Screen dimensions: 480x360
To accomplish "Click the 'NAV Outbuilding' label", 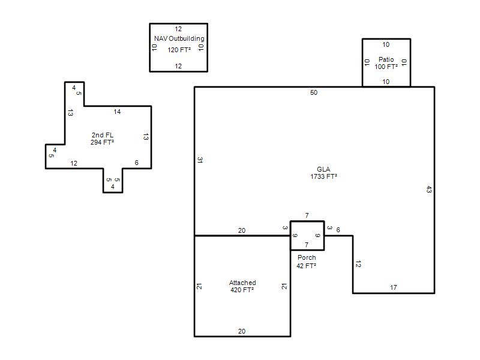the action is tap(179, 38).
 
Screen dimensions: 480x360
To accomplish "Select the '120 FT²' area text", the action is tap(179, 50).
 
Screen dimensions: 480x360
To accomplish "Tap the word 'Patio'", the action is tap(386, 59).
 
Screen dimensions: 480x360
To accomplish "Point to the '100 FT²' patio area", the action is tap(386, 67).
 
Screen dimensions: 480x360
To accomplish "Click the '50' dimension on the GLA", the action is tap(314, 92).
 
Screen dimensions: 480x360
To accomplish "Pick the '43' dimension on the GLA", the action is tap(429, 190).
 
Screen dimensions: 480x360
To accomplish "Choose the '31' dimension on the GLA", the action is tap(200, 160).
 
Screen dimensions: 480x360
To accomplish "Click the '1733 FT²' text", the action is tap(323, 176).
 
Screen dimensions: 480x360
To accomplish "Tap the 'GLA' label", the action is tap(323, 169).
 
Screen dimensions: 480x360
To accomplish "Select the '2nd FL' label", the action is tap(103, 135).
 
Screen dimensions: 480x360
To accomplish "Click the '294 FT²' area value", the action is tap(102, 142).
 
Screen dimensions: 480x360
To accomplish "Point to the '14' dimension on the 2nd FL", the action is tap(117, 112).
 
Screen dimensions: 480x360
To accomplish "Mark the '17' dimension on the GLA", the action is tap(394, 287).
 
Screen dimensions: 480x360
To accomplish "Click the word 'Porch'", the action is tap(307, 257).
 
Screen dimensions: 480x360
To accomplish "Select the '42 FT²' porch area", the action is tap(306, 266).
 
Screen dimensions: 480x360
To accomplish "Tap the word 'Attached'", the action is tap(242, 283).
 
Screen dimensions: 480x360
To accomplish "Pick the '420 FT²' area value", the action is tap(242, 290).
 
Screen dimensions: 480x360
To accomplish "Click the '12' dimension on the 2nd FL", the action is tap(74, 163).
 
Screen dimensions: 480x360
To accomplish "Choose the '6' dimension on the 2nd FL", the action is tap(137, 163).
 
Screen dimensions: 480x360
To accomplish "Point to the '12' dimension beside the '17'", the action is tap(358, 264).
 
